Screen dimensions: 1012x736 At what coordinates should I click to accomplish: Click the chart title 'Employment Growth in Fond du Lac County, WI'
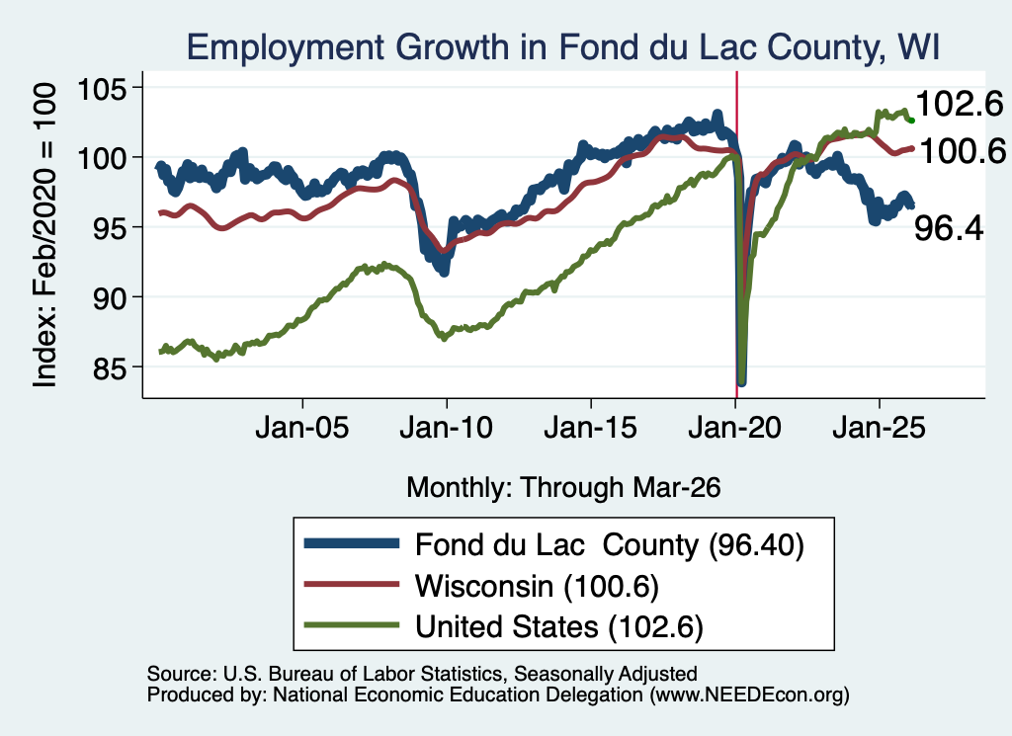pos(562,47)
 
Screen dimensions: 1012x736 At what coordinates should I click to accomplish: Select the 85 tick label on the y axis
pos(110,368)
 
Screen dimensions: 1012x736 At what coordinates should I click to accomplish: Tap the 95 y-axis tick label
pos(110,227)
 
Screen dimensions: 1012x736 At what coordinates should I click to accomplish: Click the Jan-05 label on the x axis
pos(302,428)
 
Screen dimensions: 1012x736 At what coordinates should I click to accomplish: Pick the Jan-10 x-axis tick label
pos(446,428)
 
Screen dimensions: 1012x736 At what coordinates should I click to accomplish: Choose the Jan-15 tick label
pos(591,428)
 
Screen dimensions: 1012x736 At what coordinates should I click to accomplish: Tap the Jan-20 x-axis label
pos(735,428)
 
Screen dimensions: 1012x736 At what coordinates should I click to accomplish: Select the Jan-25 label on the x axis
pos(879,428)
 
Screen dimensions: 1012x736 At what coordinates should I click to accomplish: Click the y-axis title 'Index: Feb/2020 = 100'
pos(44,235)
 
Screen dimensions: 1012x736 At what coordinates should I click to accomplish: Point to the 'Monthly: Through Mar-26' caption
pos(563,488)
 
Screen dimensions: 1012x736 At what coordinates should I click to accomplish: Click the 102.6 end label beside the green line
pos(960,104)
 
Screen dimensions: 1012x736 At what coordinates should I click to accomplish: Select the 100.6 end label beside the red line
pos(963,151)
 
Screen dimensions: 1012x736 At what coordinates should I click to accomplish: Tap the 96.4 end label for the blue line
pos(949,228)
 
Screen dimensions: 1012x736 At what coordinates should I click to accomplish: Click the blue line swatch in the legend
pos(352,543)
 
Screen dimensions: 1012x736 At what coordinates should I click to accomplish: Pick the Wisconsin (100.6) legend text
pos(537,587)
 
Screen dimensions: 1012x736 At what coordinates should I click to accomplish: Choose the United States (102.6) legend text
pos(559,627)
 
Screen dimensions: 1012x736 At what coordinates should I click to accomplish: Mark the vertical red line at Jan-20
pos(736,235)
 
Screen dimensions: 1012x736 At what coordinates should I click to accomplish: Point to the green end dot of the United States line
pos(911,121)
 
